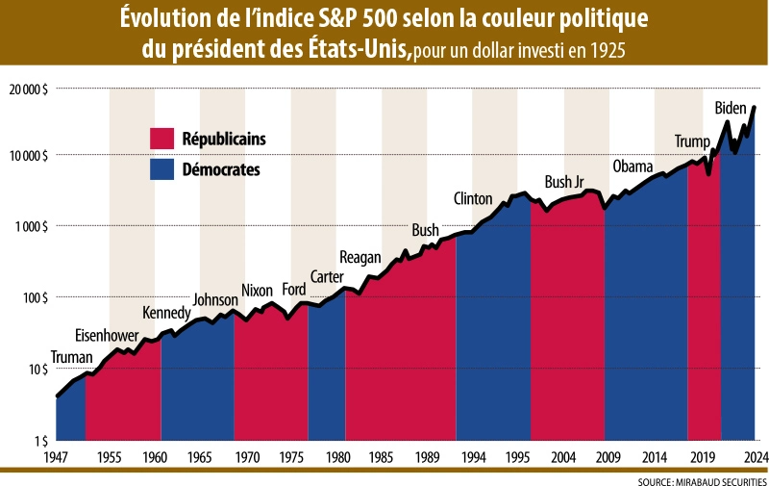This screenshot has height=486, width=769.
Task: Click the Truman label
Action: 71,358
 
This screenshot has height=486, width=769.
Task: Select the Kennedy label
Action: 166,313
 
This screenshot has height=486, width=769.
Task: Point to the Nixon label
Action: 257,291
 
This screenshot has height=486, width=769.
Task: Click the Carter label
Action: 327,278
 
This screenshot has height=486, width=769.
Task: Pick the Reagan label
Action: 361,257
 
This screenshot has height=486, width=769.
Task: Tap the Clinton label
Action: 473,199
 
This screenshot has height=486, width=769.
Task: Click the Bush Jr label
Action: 564,182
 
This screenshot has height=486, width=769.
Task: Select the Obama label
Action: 633,165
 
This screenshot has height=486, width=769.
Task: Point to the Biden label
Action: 732,109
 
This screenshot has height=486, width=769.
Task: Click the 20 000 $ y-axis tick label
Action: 30,89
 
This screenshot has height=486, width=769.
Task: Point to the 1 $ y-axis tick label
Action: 40,441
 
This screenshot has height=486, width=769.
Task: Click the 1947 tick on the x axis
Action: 57,456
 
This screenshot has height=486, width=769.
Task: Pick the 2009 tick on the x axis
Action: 606,456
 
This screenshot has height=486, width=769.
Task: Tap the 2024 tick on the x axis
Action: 754,456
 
